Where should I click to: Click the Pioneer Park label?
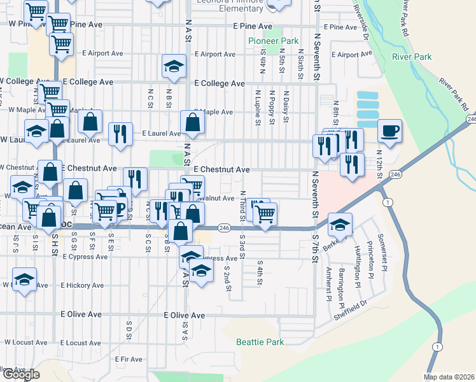point(273,41)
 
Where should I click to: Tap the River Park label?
point(412,57)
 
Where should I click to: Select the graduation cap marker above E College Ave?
point(173,66)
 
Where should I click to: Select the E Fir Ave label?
point(129,360)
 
